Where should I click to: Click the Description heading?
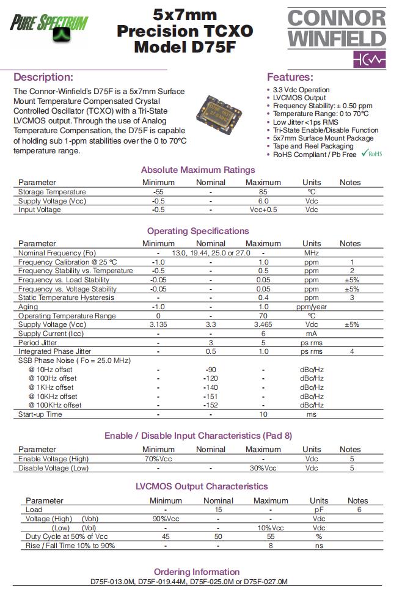coord(43,78)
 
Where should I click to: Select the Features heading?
coord(290,78)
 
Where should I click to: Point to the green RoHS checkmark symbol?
coord(365,153)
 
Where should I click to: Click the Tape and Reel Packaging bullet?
coord(313,146)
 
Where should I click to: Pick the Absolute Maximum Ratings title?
coord(198,170)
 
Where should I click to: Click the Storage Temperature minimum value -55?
coord(158,192)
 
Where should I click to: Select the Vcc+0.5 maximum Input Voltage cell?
coord(263,210)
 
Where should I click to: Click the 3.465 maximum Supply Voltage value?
coord(263,325)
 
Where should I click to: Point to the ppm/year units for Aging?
coord(312,307)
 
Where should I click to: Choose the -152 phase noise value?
coord(211,405)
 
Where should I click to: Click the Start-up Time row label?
coord(40,414)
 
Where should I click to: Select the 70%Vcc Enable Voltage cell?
coord(158,459)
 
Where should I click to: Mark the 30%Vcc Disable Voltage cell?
coord(263,468)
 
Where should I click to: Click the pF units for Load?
coord(319,510)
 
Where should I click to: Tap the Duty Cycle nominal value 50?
coord(218,536)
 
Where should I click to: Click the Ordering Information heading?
coord(196,572)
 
